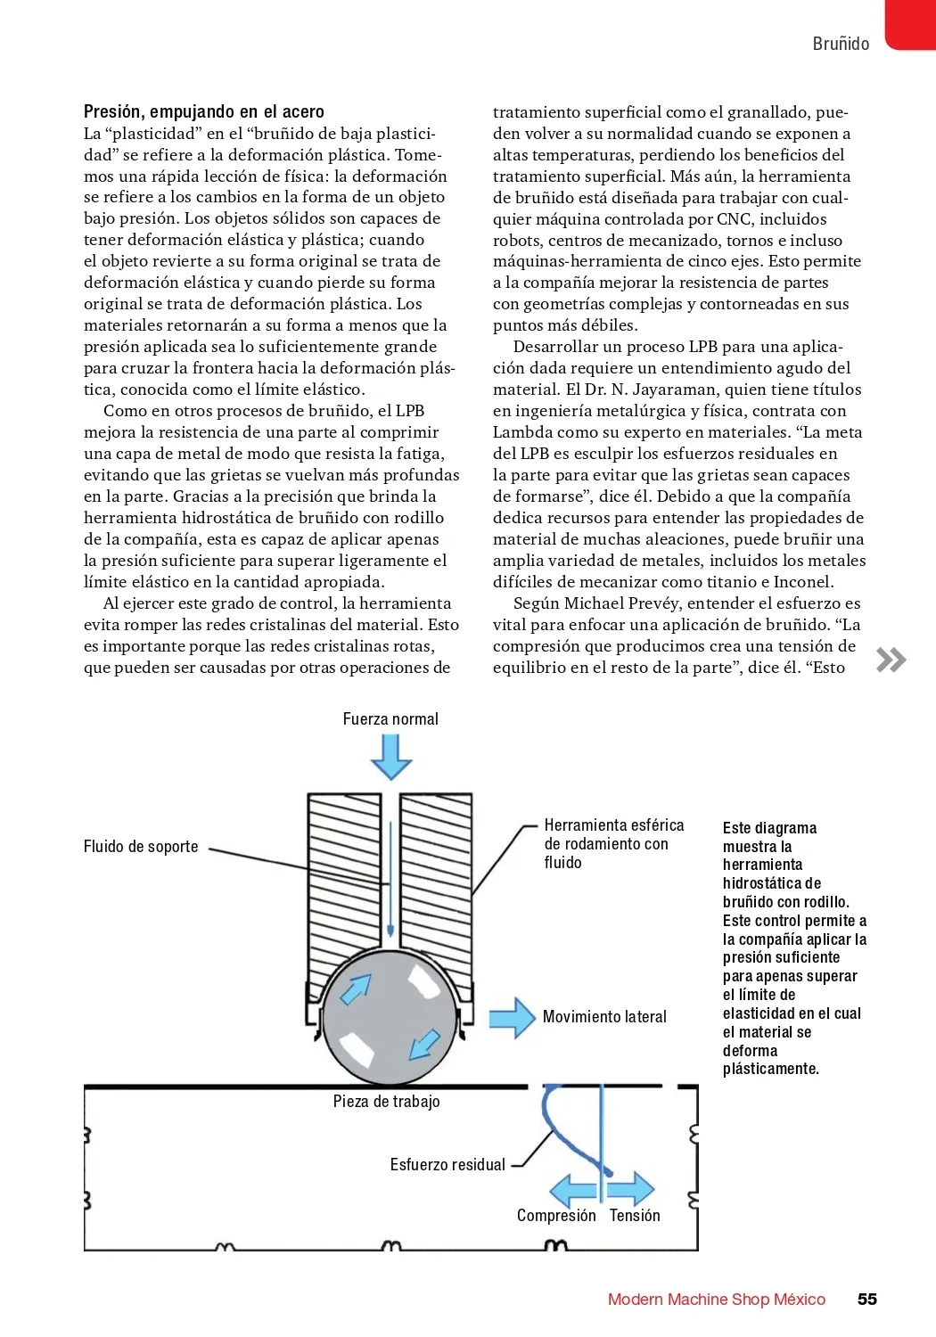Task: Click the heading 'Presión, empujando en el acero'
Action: click(203, 111)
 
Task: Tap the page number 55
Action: click(866, 1299)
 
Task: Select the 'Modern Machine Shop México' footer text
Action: click(716, 1300)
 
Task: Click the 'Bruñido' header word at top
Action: click(840, 44)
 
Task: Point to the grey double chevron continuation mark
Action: click(891, 660)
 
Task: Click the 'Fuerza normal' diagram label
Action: click(390, 718)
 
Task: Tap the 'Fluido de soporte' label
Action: click(141, 846)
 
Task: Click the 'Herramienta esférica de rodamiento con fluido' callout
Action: click(613, 843)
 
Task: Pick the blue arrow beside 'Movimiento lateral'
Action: click(512, 1017)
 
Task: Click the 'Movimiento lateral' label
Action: click(604, 1017)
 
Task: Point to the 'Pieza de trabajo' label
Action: click(386, 1102)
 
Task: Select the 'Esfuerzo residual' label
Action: click(447, 1164)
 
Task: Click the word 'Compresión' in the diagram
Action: click(556, 1215)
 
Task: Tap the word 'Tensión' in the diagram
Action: click(635, 1215)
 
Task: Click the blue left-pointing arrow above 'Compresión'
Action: click(572, 1190)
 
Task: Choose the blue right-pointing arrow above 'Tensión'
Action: click(631, 1189)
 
